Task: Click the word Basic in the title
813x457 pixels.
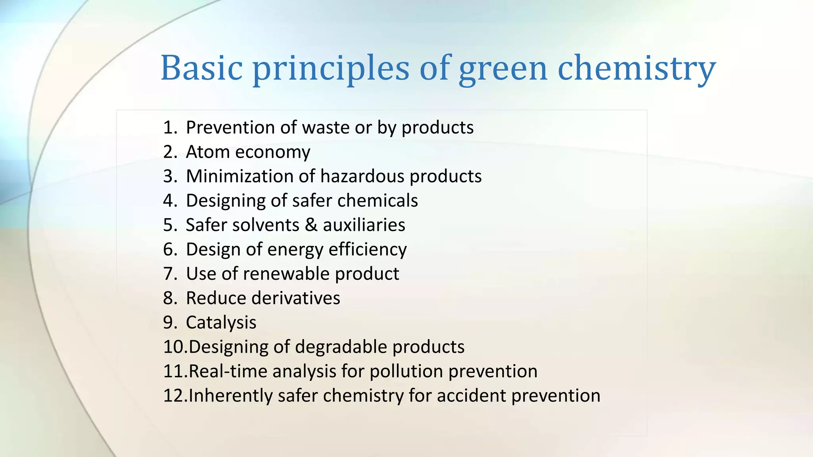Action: [201, 67]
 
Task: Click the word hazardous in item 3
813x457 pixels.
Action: [362, 176]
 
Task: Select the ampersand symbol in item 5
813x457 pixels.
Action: [311, 225]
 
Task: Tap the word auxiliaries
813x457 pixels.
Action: [364, 225]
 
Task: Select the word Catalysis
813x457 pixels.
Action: [221, 323]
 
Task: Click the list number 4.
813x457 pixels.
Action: [170, 201]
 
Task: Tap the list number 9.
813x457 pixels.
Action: [170, 323]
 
